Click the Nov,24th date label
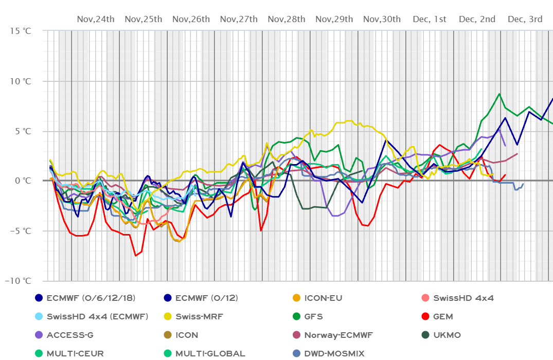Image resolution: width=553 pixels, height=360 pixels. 96,20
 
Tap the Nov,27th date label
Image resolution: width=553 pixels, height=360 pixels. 239,20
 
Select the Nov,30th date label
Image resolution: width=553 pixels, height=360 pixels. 382,20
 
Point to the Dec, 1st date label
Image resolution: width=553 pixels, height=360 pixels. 430,20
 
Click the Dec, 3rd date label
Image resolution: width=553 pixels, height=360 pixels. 525,20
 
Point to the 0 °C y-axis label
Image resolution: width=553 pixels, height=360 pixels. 23,181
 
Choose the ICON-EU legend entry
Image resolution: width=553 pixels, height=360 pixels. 323,298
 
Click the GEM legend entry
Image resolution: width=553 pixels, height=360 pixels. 443,316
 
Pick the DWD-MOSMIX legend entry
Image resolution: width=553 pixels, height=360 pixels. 334,353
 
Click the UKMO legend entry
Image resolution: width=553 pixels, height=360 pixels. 447,335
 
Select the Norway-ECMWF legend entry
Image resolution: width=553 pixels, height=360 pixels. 338,335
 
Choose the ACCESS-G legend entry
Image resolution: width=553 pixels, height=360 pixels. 70,335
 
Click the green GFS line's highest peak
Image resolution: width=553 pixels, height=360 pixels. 499,94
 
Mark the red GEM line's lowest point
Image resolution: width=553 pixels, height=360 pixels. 136,256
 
